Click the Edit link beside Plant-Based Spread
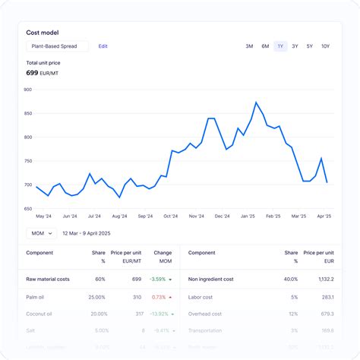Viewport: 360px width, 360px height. [103, 46]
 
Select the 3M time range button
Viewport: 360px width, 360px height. [249, 46]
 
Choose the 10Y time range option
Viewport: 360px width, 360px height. [325, 46]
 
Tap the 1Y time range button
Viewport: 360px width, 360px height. [280, 46]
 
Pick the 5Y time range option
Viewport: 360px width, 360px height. [310, 46]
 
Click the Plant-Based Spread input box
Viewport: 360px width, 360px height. [57, 46]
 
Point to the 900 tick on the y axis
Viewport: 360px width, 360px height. [27, 90]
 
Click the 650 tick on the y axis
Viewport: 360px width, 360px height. [27, 209]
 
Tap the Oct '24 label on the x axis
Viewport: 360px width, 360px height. [172, 216]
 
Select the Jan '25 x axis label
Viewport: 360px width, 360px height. [248, 216]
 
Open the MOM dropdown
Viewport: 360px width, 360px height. [40, 234]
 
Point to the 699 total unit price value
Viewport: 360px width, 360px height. [32, 73]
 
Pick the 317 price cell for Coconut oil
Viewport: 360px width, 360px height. [137, 313]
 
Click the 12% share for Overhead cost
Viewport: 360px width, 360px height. [293, 313]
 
